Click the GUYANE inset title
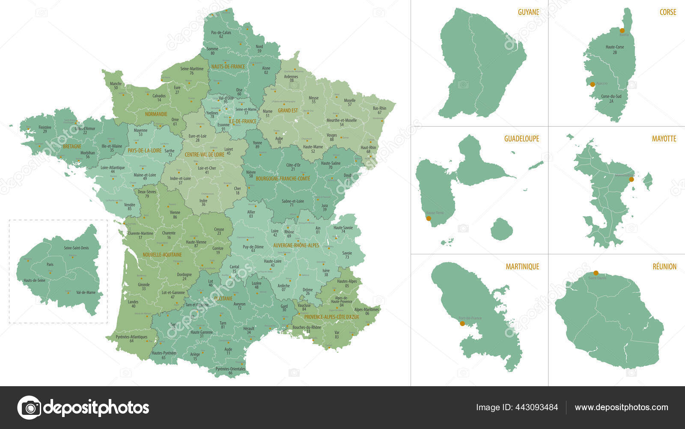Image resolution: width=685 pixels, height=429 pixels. point(528,12)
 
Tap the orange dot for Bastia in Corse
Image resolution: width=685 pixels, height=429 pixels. point(622,30)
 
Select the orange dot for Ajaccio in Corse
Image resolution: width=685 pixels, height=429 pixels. point(593,84)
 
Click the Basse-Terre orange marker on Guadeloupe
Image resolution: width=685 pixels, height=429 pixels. point(429,218)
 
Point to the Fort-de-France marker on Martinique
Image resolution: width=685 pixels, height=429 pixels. point(462,324)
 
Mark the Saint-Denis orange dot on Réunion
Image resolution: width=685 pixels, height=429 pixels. point(596,273)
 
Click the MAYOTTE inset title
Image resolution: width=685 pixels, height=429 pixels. point(664,139)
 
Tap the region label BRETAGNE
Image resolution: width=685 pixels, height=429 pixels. point(71,146)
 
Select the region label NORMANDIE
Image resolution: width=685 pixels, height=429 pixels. point(156,114)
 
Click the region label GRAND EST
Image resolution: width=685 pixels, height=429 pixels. point(288,110)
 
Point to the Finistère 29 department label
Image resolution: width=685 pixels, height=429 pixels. point(45,129)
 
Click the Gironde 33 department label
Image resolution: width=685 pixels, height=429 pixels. point(144,286)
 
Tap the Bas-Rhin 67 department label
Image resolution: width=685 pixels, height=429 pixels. point(379,110)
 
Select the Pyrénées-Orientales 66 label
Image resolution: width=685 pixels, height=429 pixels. point(230,371)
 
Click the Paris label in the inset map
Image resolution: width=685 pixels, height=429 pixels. point(50,265)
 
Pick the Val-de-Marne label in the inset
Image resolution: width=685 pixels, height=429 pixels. point(86,292)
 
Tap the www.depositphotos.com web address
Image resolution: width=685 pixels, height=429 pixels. point(621,407)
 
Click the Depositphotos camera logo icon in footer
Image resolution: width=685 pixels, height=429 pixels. point(29,407)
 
